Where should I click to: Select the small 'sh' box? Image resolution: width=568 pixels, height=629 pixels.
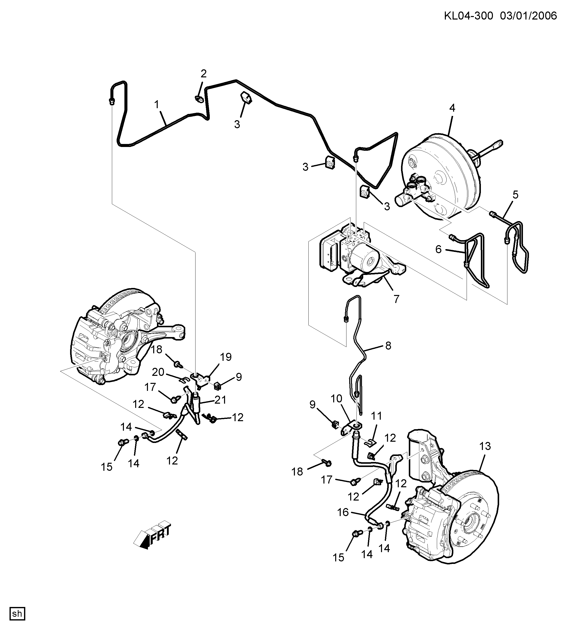click(x=17, y=613)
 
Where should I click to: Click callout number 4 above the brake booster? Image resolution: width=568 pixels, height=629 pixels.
click(x=452, y=108)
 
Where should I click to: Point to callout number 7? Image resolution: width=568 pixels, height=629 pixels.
click(x=396, y=299)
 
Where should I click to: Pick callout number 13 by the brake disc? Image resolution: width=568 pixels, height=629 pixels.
click(x=485, y=446)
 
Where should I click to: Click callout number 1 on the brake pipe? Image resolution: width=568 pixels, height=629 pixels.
click(x=157, y=104)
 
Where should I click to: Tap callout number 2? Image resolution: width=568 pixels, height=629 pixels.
click(x=203, y=74)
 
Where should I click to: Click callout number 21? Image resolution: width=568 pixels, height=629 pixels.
click(x=221, y=400)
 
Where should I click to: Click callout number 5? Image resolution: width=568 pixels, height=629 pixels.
click(x=515, y=195)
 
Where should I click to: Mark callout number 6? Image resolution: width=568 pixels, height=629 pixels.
click(x=439, y=249)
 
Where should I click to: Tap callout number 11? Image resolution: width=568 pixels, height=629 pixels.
click(x=376, y=416)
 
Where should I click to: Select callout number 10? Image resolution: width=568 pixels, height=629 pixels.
click(x=336, y=398)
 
